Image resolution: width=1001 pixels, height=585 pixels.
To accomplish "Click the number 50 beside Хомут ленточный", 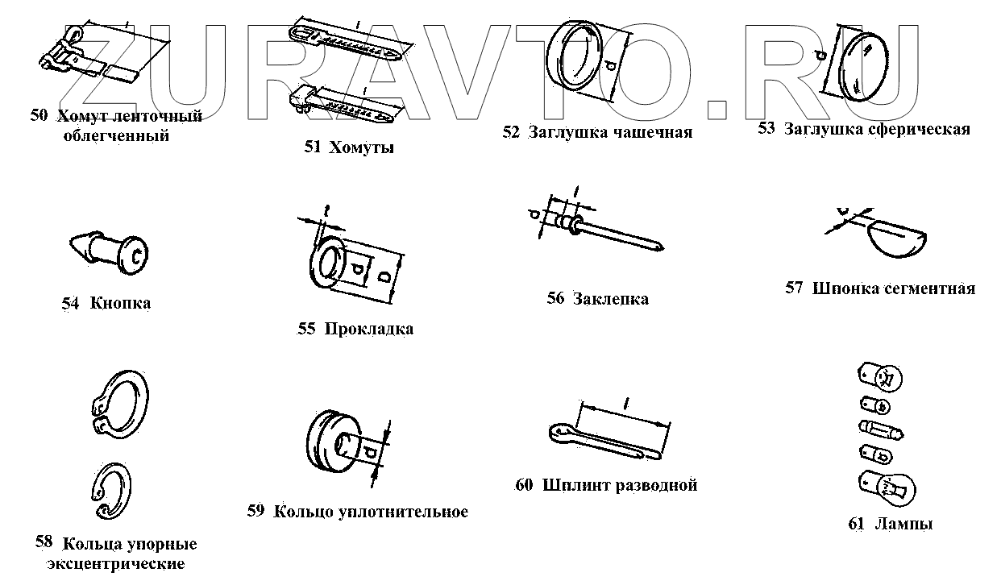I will [x=39, y=115].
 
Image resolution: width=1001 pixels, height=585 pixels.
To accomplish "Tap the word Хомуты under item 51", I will [x=361, y=147].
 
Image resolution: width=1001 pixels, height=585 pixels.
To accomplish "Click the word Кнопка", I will [x=121, y=303].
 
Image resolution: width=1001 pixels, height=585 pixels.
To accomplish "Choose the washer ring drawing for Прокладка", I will [x=328, y=263].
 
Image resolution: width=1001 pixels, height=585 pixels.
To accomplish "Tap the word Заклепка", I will [x=610, y=299].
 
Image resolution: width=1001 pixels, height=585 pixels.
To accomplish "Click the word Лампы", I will [x=903, y=524].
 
